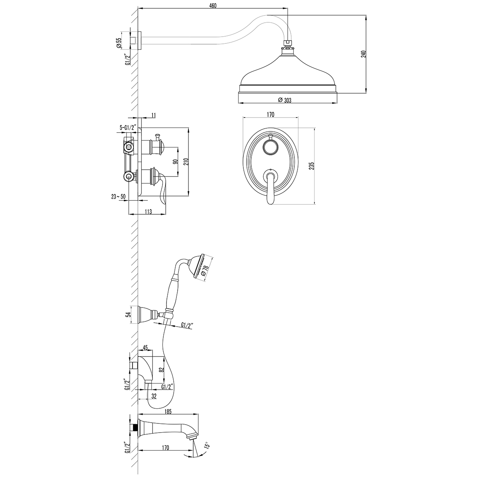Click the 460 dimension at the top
(213, 6)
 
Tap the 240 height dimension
(363, 54)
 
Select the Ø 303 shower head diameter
(284, 100)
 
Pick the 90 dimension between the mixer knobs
(175, 162)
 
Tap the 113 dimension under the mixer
(148, 212)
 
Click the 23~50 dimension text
(118, 196)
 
